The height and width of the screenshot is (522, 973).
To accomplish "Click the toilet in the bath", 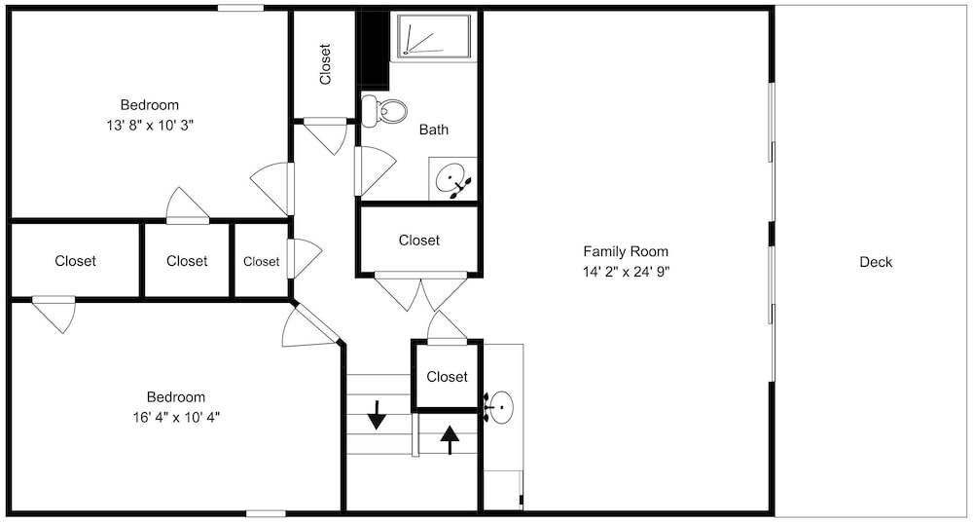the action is click(384, 111).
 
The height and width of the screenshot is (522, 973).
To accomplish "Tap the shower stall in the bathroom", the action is click(433, 37).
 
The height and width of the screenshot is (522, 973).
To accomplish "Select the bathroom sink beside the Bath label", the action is click(452, 179).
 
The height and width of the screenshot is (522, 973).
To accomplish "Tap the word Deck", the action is click(876, 262).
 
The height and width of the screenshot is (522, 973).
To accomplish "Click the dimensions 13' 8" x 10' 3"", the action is click(150, 125).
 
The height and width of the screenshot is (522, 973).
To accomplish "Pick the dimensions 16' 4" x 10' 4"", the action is click(175, 417).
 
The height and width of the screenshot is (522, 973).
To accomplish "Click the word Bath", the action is click(434, 130).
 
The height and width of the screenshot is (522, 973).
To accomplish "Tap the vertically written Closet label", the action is click(325, 63).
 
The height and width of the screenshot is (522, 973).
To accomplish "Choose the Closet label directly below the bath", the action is click(419, 240).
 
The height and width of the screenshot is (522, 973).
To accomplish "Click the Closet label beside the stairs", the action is click(447, 377).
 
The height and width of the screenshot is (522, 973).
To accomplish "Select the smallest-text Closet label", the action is click(261, 262).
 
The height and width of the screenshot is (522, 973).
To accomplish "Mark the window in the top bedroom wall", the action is click(240, 8).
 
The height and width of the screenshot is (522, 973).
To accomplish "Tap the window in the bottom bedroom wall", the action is click(267, 513).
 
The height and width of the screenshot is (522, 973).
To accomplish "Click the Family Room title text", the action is click(626, 251).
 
